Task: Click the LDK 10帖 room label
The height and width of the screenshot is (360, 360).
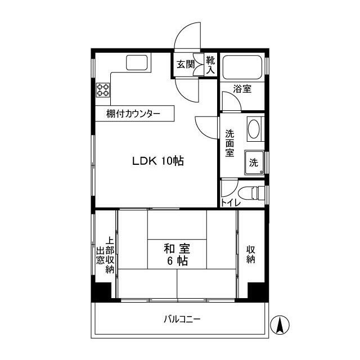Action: click(158, 161)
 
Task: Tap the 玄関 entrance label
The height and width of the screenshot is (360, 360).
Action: click(184, 65)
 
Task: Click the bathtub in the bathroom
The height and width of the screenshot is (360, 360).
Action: click(241, 69)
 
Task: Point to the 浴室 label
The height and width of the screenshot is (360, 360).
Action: click(242, 89)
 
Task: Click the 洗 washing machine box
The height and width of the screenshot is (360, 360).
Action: click(254, 163)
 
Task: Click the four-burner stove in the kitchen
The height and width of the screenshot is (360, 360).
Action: click(103, 89)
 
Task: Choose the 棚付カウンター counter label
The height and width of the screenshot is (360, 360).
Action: click(133, 114)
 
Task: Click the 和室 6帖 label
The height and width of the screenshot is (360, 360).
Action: click(176, 254)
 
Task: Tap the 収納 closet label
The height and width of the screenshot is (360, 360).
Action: click(251, 255)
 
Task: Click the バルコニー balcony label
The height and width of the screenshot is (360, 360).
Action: click(182, 319)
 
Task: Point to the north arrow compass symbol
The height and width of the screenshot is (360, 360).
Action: click(280, 325)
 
